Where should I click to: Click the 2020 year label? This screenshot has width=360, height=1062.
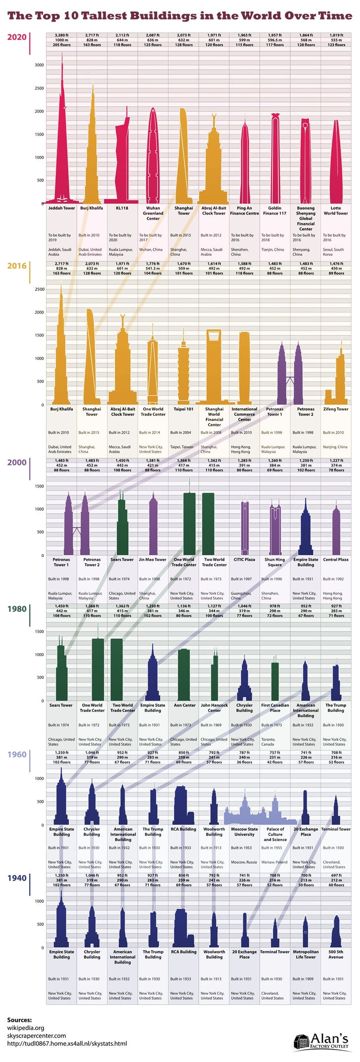tap(16, 37)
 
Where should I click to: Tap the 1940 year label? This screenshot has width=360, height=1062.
tap(16, 878)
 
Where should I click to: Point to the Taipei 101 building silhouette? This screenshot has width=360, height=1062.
tap(183, 371)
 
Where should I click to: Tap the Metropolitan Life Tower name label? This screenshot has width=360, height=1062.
tap(305, 954)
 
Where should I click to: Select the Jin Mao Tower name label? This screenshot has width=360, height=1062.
tap(153, 560)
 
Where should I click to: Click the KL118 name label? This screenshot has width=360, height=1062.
tap(122, 208)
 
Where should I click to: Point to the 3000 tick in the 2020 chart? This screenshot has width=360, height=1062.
tap(39, 65)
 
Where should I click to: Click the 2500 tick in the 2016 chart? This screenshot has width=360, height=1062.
tap(39, 289)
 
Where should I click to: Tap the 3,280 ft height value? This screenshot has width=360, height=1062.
tap(62, 36)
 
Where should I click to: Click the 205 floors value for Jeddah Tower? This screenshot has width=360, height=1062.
tap(62, 45)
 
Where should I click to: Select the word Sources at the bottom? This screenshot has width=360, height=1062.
tap(19, 1019)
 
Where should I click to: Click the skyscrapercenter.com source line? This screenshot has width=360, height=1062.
tap(36, 1035)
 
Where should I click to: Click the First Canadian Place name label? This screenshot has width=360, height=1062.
tap(275, 708)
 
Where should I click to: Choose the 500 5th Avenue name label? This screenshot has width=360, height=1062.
tap(336, 954)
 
